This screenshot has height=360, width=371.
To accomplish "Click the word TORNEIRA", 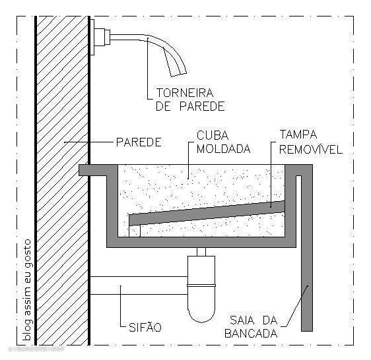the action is tap(185, 93).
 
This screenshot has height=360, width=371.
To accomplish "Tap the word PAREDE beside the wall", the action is tap(139, 142).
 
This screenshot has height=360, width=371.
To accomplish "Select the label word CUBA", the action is tap(213, 135).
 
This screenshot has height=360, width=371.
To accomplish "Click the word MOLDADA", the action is tap(223, 149).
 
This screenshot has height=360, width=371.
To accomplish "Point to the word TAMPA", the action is tap(298, 135).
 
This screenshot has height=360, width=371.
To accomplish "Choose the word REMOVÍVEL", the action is tap(311, 150).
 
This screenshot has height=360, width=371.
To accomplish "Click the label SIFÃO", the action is tap(145, 327).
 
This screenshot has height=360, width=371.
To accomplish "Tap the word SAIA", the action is tap(242, 320).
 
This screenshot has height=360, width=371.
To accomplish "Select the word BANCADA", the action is tap(251, 334).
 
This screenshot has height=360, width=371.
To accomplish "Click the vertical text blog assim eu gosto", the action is tap(28, 290).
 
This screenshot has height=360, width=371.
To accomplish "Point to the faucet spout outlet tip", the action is tap(179, 75).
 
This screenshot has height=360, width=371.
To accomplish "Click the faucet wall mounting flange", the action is tap(92, 37).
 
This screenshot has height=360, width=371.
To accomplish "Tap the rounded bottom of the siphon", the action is tap(201, 316).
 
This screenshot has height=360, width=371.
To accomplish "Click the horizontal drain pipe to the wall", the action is tap(139, 285).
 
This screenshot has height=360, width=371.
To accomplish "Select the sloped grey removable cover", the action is tap(207, 213).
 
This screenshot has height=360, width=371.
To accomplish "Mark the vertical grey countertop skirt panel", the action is tap(307, 248).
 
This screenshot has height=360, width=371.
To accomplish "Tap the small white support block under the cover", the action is tap(135, 231).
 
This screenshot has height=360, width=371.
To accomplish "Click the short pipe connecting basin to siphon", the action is tap(201, 252).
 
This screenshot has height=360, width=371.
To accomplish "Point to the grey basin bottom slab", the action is tap(201, 242).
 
